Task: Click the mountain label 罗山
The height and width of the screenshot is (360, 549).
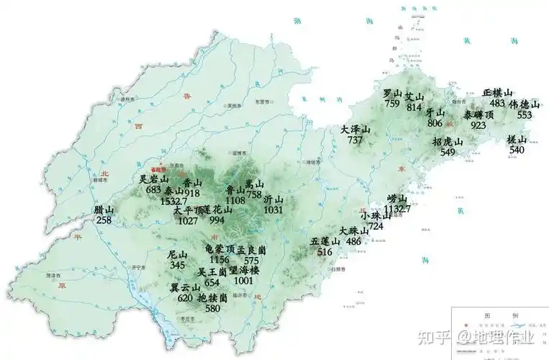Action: (392, 94)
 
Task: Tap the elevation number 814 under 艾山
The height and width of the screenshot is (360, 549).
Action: (414, 107)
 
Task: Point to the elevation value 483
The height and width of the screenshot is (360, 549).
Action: (497, 104)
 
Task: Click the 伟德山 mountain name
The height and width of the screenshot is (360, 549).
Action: (525, 104)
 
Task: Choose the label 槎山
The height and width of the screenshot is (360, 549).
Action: (517, 140)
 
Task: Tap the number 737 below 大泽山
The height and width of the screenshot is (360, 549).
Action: (355, 140)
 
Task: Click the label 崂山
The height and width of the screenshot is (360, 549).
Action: (396, 199)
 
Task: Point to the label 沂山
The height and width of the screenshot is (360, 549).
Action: (273, 199)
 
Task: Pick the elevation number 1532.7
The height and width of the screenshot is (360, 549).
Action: (174, 201)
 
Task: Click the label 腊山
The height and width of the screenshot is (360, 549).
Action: (104, 210)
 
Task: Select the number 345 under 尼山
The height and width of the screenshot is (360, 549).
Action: (178, 266)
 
